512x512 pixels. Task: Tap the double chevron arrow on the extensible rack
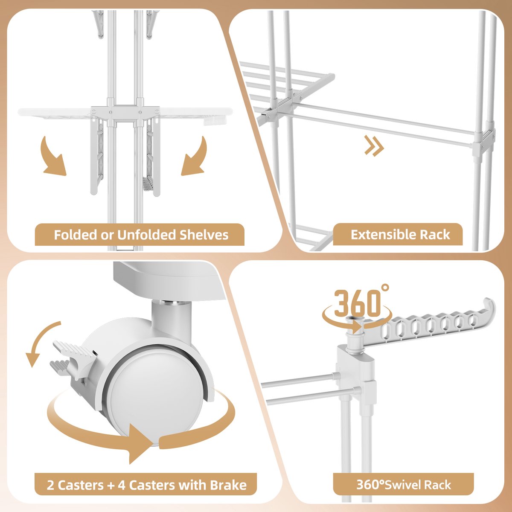click(x=374, y=145)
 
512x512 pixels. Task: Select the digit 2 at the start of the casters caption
click(x=50, y=485)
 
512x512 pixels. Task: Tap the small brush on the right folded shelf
click(x=148, y=183)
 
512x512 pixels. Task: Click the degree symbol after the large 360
click(x=385, y=288)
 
